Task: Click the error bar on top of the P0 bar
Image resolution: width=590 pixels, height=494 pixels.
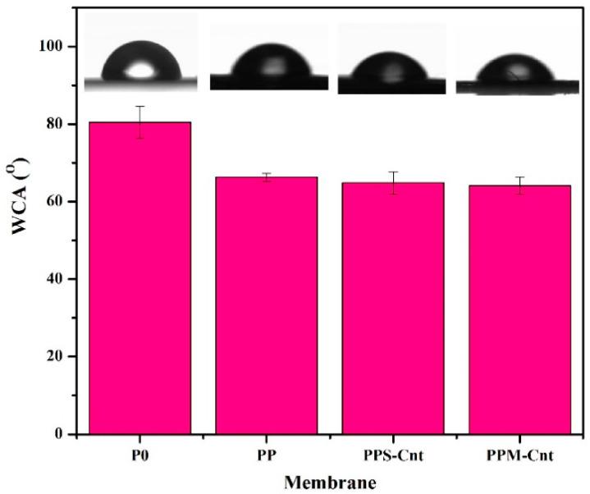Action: point(140,121)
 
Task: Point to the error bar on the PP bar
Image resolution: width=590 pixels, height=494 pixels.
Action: point(267,176)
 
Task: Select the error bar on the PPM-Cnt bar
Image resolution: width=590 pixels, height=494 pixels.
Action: point(519,185)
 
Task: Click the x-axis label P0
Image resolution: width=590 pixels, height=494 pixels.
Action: point(140,454)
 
